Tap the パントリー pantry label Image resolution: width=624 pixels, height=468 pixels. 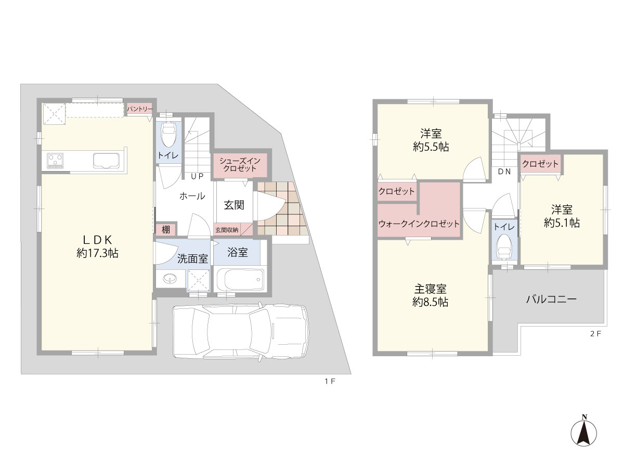click(x=140, y=109)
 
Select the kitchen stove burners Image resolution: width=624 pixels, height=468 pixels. click(x=55, y=161)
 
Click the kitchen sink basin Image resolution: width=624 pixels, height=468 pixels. click(x=106, y=161)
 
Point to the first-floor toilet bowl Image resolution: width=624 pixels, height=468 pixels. click(x=168, y=136)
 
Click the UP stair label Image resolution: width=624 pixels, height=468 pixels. click(x=197, y=176)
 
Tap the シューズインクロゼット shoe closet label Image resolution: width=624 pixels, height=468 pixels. click(x=240, y=165)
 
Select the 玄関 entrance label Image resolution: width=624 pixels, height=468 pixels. click(x=234, y=205)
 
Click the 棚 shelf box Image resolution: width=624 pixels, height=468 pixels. click(x=166, y=229)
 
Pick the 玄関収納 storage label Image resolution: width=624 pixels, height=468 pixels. click(x=227, y=230)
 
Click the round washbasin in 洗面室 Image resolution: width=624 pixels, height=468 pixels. click(x=170, y=278)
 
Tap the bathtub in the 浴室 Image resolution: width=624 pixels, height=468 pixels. click(x=240, y=280)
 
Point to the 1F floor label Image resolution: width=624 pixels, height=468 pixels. click(x=330, y=381)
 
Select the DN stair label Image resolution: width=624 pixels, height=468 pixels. click(x=504, y=172)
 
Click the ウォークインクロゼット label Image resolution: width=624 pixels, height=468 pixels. click(x=419, y=224)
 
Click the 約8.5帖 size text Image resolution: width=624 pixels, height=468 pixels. click(x=431, y=302)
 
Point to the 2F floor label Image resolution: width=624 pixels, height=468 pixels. click(x=596, y=334)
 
